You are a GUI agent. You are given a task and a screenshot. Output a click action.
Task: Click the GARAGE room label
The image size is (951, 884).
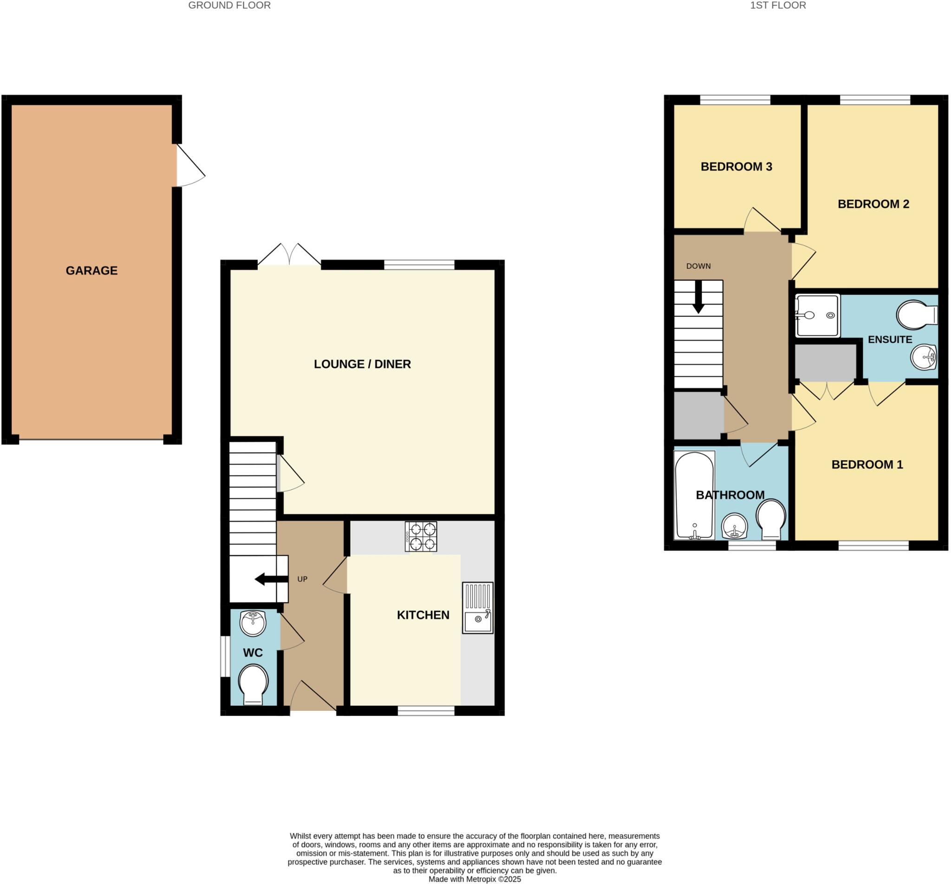91,271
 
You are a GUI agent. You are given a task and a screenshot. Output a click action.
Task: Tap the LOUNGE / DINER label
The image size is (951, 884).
362,364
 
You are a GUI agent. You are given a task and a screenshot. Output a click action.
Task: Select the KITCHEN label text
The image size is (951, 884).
423,615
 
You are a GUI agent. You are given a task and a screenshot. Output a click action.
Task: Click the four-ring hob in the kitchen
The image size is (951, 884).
421,537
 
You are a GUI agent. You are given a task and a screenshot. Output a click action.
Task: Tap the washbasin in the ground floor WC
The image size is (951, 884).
253,623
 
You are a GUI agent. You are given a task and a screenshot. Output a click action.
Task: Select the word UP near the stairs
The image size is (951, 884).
302,579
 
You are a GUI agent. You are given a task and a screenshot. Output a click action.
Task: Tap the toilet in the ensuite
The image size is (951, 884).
917,315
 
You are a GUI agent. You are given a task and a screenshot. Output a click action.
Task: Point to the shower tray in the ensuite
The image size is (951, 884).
818,315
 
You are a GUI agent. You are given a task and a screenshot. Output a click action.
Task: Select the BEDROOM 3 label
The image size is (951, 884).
736,167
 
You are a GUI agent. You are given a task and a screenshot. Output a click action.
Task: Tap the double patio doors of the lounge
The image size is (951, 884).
289,255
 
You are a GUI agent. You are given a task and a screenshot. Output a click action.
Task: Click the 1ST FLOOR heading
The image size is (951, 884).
778,6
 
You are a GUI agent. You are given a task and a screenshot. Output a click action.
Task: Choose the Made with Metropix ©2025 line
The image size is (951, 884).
475,879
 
